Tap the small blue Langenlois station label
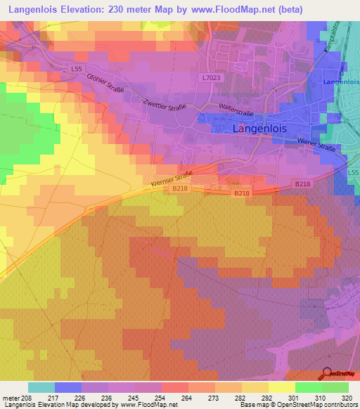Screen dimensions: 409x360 340,82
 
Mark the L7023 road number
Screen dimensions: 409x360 210,78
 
